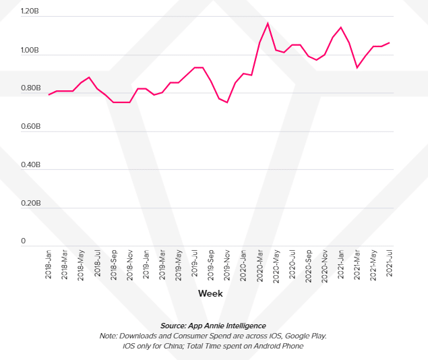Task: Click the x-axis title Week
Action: (x=210, y=294)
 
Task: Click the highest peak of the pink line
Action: (x=268, y=24)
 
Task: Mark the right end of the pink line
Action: (x=390, y=42)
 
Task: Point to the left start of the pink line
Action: (x=49, y=94)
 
